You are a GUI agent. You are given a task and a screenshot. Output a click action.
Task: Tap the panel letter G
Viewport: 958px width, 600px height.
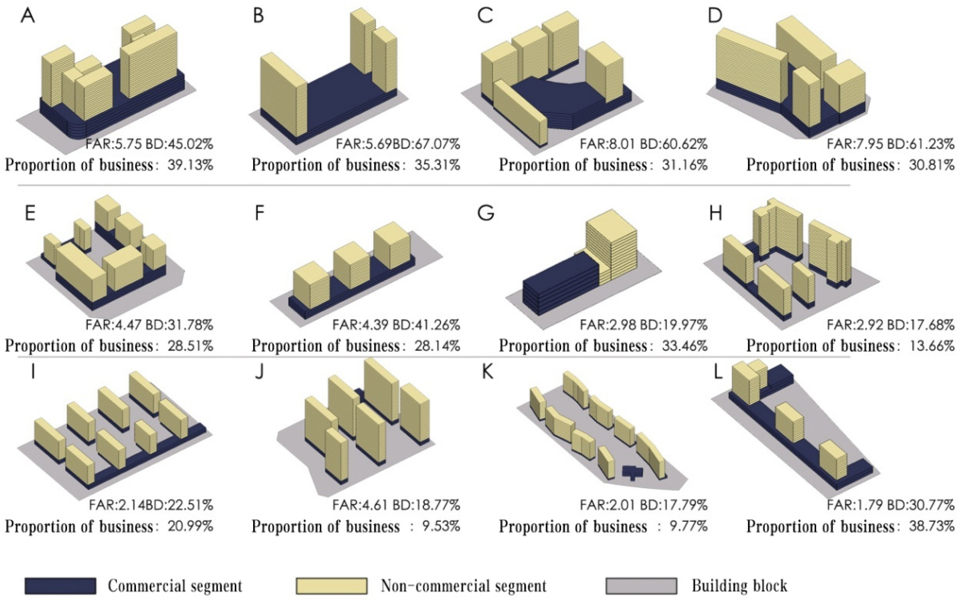(x=486, y=213)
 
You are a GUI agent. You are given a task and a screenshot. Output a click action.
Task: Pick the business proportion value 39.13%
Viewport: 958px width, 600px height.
(x=190, y=165)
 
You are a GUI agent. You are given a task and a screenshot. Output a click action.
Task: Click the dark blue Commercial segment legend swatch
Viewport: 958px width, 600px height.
(x=60, y=585)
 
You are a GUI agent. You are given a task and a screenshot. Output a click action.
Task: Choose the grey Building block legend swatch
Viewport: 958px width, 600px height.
(x=641, y=585)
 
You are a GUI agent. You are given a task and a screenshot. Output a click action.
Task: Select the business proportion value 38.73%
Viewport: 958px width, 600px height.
(x=932, y=526)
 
